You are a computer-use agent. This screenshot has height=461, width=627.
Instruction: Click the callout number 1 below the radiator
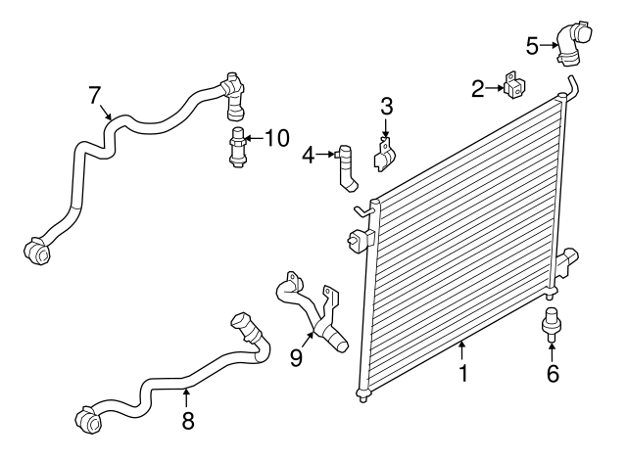pos(463,373)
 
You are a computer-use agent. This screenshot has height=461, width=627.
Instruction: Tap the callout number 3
pos(386,106)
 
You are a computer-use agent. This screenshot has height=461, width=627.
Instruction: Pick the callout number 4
pos(309,155)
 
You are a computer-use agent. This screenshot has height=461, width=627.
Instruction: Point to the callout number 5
pos(532,45)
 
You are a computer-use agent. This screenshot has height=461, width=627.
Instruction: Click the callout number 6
pos(553,374)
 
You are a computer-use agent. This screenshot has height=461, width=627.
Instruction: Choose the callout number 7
pos(95,95)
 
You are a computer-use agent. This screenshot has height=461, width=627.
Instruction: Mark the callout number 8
pos(188,421)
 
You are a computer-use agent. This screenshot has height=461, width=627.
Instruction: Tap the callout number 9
pos(296,358)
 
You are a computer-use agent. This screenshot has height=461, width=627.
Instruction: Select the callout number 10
pos(277,138)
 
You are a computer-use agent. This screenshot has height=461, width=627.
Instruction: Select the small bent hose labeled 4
pos(346,167)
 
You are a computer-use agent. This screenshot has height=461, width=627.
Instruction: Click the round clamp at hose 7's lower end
pos(38,252)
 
